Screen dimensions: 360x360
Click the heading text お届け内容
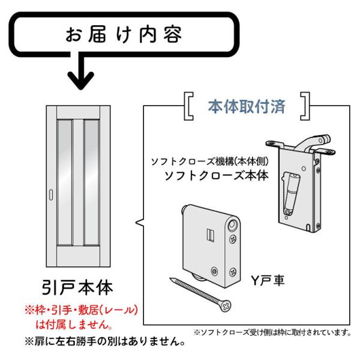[124, 35]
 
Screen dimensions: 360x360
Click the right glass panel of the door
[91, 181]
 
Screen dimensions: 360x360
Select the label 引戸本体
[77, 287]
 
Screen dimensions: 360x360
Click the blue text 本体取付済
[246, 107]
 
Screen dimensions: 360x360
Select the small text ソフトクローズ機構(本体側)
[212, 161]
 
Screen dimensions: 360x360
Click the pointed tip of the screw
[171, 279]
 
